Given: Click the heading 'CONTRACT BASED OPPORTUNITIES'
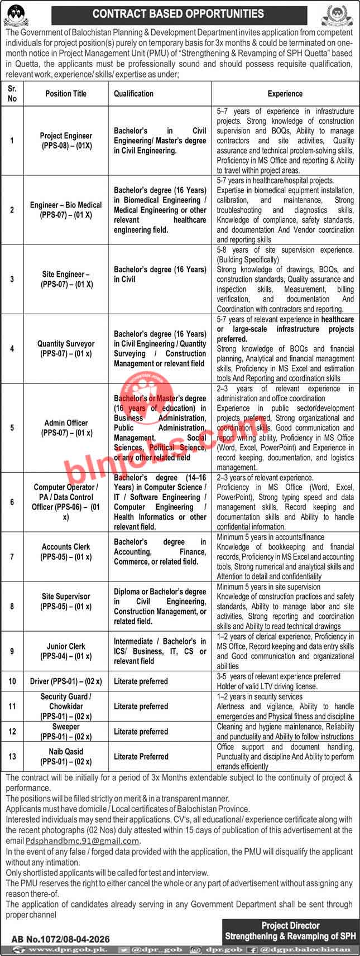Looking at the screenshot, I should pyautogui.click(x=178, y=13).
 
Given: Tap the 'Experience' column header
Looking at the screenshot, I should pyautogui.click(x=285, y=94).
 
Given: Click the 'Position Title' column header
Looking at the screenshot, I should pyautogui.click(x=66, y=94).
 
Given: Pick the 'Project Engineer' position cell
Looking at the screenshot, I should pyautogui.click(x=66, y=140).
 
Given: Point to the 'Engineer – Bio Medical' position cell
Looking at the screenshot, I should pyautogui.click(x=66, y=210).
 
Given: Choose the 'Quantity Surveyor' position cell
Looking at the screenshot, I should pyautogui.click(x=66, y=349).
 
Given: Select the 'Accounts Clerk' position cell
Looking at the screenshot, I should pyautogui.click(x=66, y=551).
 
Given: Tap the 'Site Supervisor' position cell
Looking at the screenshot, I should pyautogui.click(x=66, y=601).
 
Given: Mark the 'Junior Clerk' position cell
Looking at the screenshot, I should pyautogui.click(x=66, y=651).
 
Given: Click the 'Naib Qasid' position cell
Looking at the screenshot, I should pyautogui.click(x=66, y=756).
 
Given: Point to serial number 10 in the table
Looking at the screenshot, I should pyautogui.click(x=12, y=681).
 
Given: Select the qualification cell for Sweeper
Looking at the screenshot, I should pyautogui.click(x=141, y=731).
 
